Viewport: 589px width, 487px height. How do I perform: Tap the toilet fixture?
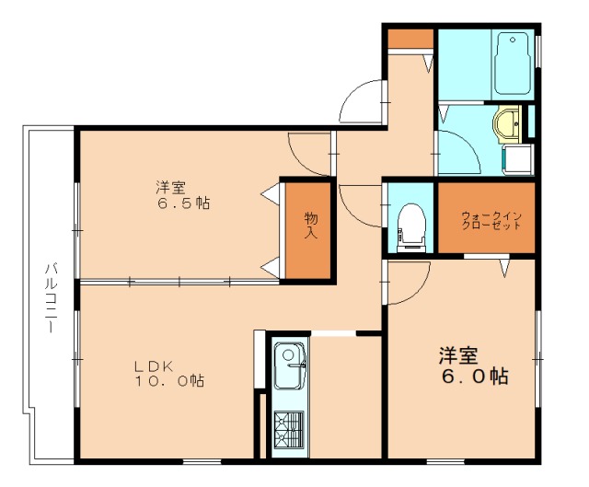[x=411, y=223]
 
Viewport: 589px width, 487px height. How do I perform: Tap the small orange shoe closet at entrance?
[x=410, y=39]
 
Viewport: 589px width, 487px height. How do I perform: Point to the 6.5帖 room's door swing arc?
[x=309, y=152]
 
